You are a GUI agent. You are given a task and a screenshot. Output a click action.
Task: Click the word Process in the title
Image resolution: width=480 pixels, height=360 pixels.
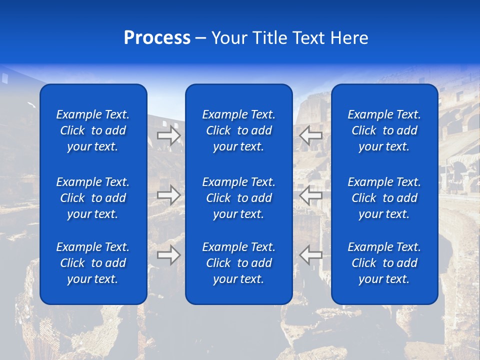point(157,38)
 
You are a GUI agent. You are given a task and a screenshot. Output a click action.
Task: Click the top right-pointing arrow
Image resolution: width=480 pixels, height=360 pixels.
point(168,135)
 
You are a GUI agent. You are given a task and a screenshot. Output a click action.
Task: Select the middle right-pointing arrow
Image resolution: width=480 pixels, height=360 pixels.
point(168,195)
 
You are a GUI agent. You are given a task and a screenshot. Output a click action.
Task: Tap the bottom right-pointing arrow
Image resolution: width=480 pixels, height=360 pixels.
point(168,255)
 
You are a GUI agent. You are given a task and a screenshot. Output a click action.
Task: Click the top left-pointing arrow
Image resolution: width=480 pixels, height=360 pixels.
point(310,135)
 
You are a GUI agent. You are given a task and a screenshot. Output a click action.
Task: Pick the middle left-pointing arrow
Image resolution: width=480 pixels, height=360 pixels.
point(310,195)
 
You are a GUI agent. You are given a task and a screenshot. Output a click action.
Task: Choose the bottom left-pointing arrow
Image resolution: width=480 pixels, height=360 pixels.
point(310,255)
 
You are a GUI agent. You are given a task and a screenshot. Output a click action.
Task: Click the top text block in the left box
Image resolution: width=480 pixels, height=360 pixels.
point(93,130)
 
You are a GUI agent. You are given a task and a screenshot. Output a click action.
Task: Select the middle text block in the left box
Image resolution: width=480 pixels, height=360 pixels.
point(93,198)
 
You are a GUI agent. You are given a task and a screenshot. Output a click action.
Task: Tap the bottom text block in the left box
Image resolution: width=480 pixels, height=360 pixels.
point(93,263)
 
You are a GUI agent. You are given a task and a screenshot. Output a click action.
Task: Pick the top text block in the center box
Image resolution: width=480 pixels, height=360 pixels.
point(238,130)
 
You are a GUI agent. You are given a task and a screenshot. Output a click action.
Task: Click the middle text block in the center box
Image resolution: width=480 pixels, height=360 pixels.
point(238,198)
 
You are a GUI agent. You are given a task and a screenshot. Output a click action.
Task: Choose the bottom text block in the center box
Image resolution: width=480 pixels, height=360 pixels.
point(238,263)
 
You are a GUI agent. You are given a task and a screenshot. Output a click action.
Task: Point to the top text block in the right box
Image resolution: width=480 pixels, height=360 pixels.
point(384,130)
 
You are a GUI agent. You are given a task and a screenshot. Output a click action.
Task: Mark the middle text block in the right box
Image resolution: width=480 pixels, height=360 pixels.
point(384,198)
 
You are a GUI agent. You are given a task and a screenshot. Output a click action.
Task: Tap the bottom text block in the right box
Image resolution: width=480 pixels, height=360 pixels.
point(384,263)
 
